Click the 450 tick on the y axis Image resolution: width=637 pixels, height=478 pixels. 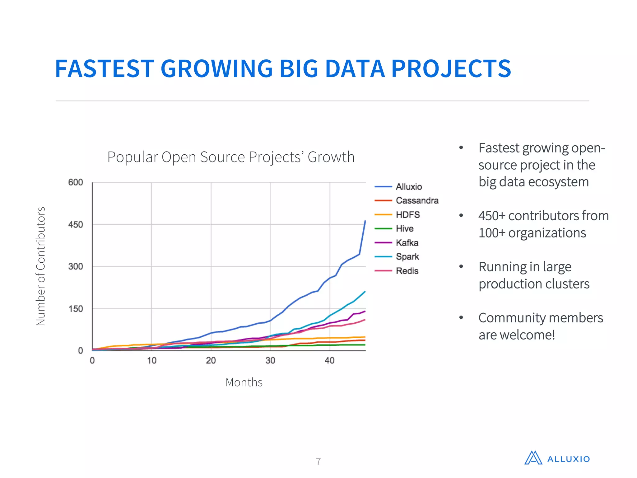click(x=76, y=225)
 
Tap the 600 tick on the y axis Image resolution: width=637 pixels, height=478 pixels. click(x=76, y=182)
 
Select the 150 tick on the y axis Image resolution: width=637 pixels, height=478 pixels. click(x=76, y=309)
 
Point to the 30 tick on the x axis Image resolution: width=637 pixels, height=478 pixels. click(x=270, y=361)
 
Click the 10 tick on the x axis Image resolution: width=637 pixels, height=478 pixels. click(x=151, y=361)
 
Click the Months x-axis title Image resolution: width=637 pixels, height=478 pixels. click(x=244, y=382)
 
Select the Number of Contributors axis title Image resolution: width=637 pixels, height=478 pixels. click(x=41, y=266)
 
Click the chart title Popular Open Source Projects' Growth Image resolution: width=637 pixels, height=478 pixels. click(x=231, y=157)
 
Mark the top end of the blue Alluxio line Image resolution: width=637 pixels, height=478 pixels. click(x=365, y=221)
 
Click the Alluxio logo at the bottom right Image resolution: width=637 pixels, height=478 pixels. click(x=557, y=458)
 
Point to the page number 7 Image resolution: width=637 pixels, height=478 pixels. click(x=318, y=461)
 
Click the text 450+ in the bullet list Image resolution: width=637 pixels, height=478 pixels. click(x=492, y=216)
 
